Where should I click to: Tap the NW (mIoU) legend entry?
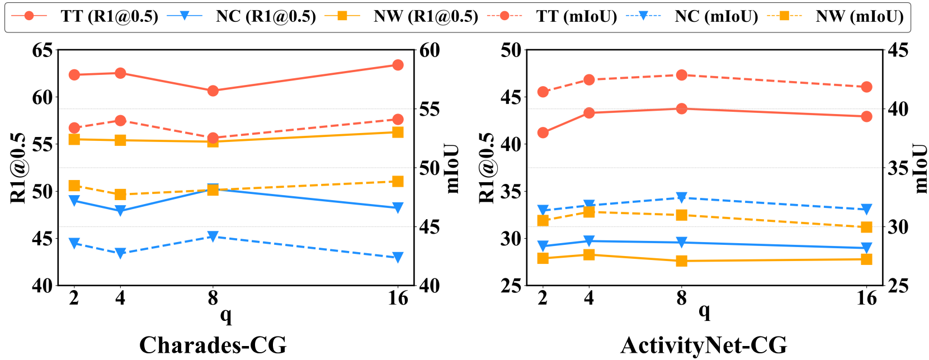tap(859, 16)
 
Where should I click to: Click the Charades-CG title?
tap(213, 345)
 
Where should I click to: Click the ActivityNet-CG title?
tap(704, 345)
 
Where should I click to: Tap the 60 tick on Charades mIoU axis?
tap(430, 50)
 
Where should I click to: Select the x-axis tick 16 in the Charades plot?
tap(398, 299)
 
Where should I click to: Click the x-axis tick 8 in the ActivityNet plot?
tap(681, 299)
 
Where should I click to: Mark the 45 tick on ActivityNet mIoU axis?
tap(898, 50)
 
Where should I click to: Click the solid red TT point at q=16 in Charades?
tap(398, 65)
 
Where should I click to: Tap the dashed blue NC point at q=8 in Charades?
tap(213, 236)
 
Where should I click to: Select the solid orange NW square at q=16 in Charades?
tap(398, 132)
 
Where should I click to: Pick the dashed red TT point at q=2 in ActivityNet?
tap(543, 92)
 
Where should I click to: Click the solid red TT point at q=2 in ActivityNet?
tap(543, 132)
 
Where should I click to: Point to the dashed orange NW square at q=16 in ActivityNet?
tap(866, 227)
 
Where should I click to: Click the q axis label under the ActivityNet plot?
tap(704, 311)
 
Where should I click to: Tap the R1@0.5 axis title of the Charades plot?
tap(18, 168)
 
